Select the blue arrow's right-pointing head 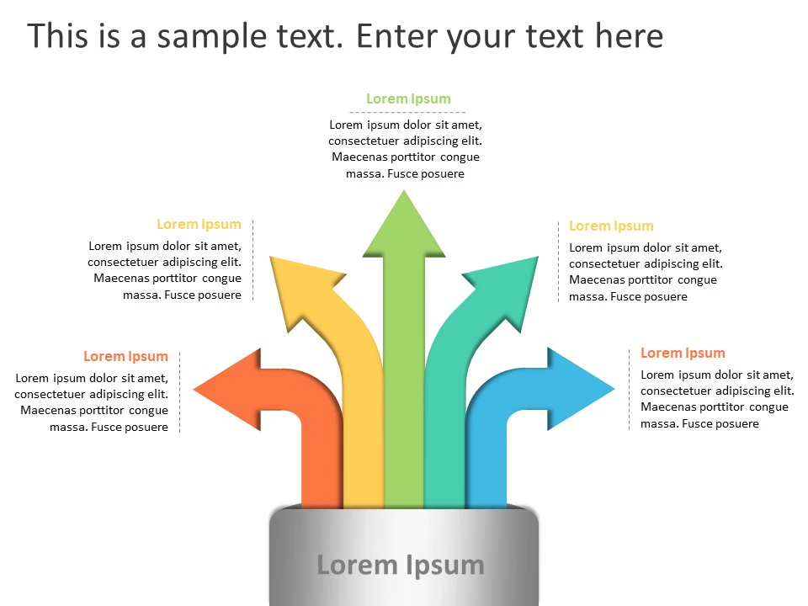(x=580, y=389)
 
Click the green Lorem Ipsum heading (x=408, y=98)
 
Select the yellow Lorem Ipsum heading (x=199, y=224)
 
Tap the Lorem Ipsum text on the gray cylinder (x=401, y=565)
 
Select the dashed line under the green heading (x=408, y=112)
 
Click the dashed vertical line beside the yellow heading (x=252, y=261)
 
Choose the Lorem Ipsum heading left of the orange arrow (x=125, y=356)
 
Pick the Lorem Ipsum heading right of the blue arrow (x=683, y=353)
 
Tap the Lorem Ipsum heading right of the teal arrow (x=611, y=226)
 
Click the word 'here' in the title (x=629, y=36)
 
